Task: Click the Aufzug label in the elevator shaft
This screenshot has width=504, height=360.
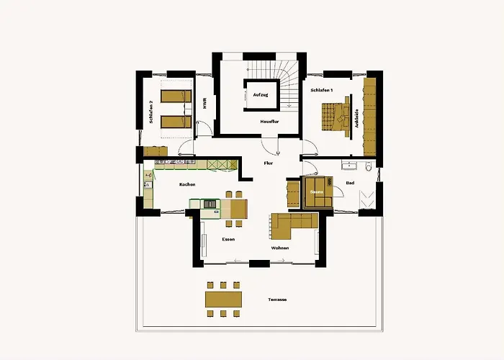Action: pos(261,95)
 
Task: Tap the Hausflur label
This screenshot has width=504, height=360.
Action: pos(269,122)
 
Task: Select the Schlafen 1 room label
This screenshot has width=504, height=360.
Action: pos(321,90)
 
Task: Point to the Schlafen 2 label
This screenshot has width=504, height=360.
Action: pos(150,112)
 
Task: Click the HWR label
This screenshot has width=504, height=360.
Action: pos(204,104)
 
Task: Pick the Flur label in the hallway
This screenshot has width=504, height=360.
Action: pos(269,163)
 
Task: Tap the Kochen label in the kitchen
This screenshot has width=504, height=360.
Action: pos(187,184)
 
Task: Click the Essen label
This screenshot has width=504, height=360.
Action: pos(228,240)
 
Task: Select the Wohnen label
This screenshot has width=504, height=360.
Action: pos(280,248)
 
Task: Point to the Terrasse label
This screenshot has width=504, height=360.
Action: pos(277,300)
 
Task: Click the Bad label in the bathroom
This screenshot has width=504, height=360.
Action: pos(350,183)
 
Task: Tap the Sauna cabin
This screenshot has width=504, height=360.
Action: pos(318,192)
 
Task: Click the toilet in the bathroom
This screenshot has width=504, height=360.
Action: pos(369,166)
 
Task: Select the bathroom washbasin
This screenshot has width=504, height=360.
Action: pos(349,166)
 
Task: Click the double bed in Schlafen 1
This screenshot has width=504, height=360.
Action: pos(336,117)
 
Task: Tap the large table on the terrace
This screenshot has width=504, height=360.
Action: pos(223,300)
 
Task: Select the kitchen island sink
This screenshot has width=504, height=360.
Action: pos(210,204)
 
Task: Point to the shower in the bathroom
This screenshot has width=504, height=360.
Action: pos(366,199)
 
